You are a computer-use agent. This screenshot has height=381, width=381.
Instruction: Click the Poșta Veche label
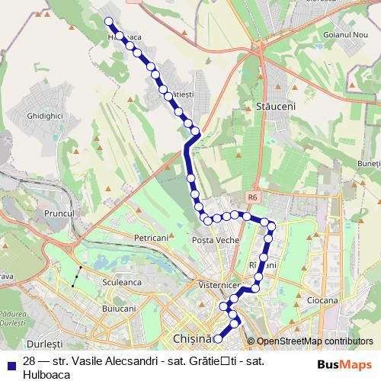(216, 240)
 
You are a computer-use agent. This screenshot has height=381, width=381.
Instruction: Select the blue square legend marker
(10, 363)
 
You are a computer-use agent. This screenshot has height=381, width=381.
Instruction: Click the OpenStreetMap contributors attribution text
(314, 341)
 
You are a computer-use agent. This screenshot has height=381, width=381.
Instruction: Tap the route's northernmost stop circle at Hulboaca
(108, 21)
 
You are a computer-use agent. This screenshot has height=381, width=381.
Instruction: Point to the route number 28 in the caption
(29, 361)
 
